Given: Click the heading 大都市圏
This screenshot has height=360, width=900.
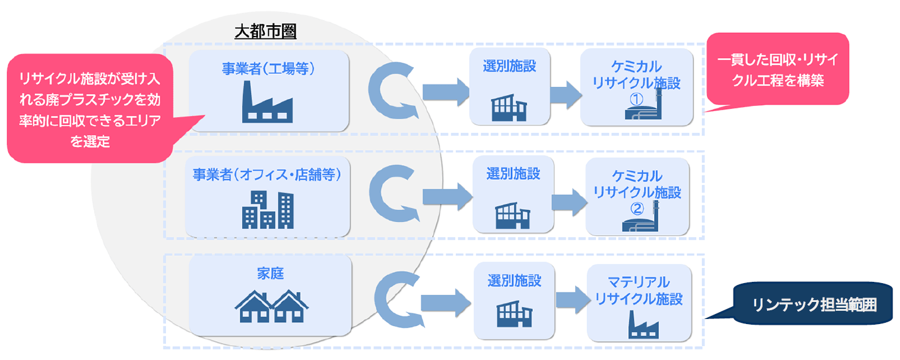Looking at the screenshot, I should [265, 32].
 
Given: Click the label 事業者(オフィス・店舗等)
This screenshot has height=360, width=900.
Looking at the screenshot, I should [267, 175].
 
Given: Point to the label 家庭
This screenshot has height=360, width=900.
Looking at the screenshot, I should [270, 274].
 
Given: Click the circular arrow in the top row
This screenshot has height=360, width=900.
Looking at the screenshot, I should [392, 91].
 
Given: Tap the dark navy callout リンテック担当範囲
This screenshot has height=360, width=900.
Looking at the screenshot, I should [814, 304].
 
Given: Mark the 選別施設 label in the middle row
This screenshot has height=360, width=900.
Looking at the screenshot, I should [513, 174].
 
